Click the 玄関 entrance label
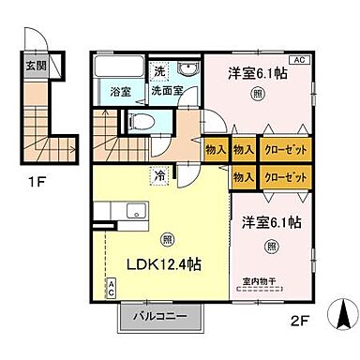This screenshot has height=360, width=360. pos(33,67)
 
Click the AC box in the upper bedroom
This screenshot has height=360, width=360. pos(299,60)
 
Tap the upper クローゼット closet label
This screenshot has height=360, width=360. pos(282,150)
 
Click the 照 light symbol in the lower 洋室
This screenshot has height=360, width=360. pos(271,247)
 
